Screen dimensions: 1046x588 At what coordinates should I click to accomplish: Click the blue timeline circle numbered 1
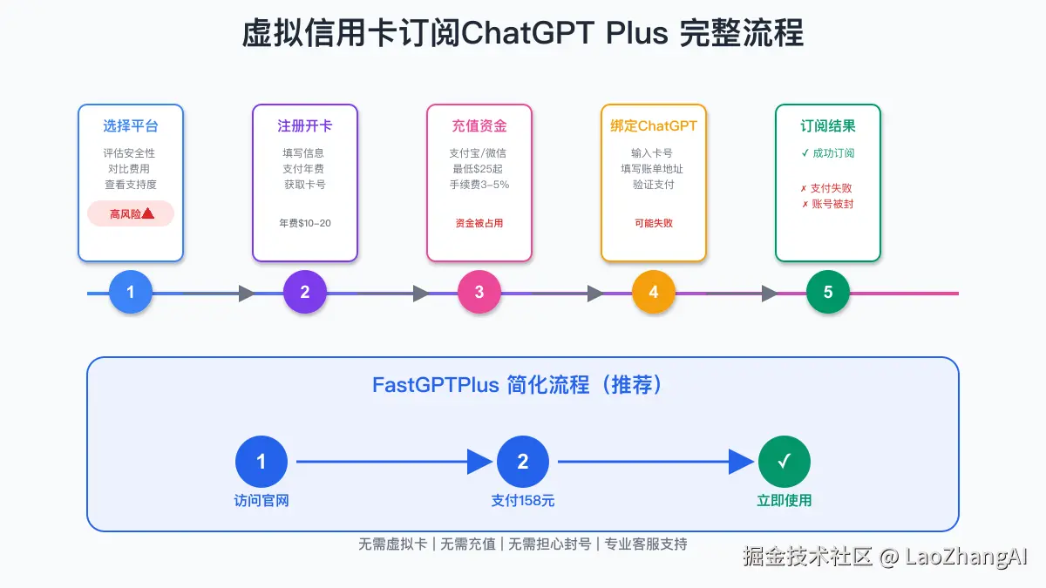pyautogui.click(x=130, y=292)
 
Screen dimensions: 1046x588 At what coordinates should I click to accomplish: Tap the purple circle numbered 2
pyautogui.click(x=304, y=292)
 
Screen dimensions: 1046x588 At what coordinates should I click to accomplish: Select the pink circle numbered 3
pyautogui.click(x=479, y=292)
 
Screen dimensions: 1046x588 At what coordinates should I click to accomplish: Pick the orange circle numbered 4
pyautogui.click(x=653, y=292)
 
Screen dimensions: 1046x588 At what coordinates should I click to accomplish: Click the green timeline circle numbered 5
pyautogui.click(x=828, y=292)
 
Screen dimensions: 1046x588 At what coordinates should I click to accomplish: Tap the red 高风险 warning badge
pyautogui.click(x=131, y=213)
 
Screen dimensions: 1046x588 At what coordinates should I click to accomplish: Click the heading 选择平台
pyautogui.click(x=131, y=126)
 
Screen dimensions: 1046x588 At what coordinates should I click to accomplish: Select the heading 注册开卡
pyautogui.click(x=305, y=126)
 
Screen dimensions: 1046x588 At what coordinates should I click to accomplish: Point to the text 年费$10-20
pyautogui.click(x=305, y=223)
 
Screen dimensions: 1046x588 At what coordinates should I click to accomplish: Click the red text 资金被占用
pyautogui.click(x=479, y=223)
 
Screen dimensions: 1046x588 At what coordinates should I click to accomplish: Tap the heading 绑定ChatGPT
pyautogui.click(x=654, y=126)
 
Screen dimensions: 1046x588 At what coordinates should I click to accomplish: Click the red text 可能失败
pyautogui.click(x=654, y=223)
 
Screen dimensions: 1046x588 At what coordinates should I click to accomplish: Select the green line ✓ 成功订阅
pyautogui.click(x=828, y=153)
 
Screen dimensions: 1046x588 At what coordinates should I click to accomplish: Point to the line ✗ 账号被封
pyautogui.click(x=828, y=204)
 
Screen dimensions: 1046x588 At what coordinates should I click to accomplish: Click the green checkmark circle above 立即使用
pyautogui.click(x=784, y=462)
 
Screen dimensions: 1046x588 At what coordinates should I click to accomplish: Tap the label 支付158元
pyautogui.click(x=522, y=501)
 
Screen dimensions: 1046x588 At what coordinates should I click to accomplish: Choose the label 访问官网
pyautogui.click(x=261, y=501)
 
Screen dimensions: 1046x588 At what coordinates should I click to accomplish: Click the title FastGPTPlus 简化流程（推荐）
pyautogui.click(x=518, y=385)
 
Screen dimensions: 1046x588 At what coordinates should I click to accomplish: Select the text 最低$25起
pyautogui.click(x=478, y=169)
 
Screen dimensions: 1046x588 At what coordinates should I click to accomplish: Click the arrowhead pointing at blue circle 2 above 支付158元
pyautogui.click(x=479, y=462)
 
